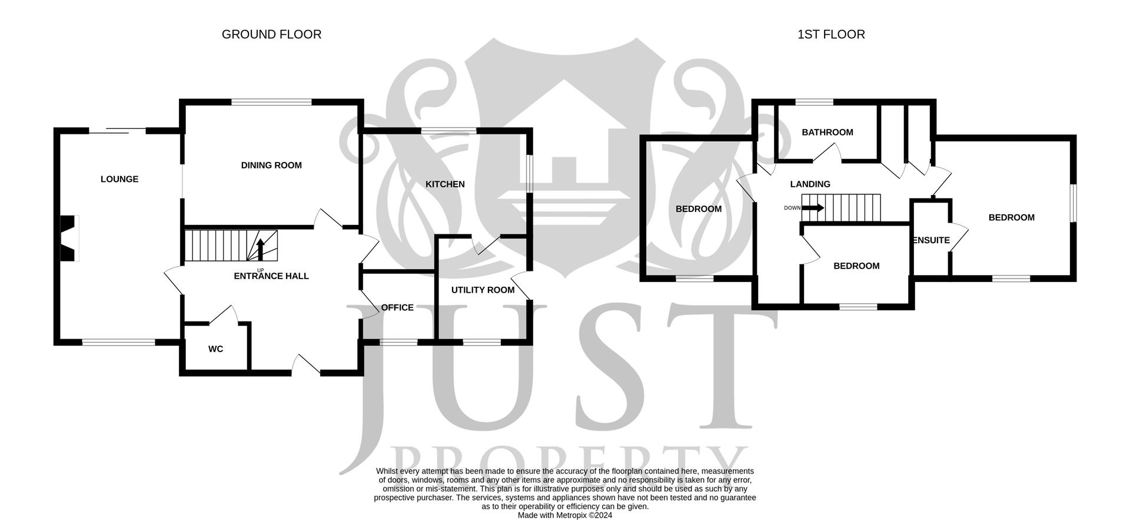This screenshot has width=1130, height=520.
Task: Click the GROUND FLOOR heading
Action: click(271, 35)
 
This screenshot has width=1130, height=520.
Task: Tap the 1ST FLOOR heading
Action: click(830, 35)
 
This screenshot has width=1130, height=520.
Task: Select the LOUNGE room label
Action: click(119, 179)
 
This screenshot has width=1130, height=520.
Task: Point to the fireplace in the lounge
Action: click(68, 238)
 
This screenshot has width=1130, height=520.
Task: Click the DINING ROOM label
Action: click(271, 165)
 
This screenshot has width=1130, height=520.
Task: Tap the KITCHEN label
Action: click(445, 184)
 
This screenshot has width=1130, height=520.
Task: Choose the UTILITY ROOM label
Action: click(483, 290)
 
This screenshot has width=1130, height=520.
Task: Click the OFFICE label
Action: click(397, 307)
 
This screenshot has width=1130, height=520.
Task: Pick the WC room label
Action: click(215, 349)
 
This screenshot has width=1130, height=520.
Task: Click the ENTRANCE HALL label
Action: click(271, 276)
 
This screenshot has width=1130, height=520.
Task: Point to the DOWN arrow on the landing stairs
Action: click(813, 208)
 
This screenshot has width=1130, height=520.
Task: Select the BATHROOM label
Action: click(827, 133)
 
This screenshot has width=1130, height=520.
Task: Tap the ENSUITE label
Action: click(930, 240)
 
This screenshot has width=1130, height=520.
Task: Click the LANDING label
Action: click(810, 184)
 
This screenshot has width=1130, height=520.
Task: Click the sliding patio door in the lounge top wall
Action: click(117, 131)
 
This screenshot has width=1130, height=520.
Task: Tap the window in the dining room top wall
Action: click(271, 102)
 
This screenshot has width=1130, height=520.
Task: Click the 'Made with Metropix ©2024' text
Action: click(564, 515)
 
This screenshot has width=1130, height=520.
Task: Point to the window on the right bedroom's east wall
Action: click(1073, 204)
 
